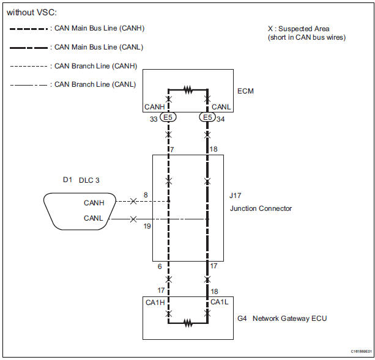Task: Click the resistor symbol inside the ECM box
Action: [188, 90]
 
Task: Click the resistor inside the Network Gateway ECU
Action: [188, 323]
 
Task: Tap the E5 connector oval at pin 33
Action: [168, 117]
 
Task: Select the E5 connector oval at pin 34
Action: [207, 117]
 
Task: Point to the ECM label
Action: [245, 91]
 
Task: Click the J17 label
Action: [235, 196]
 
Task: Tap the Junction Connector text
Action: [261, 208]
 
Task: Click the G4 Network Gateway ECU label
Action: [282, 318]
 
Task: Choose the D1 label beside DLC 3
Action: [67, 180]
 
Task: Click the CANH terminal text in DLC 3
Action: [94, 203]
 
